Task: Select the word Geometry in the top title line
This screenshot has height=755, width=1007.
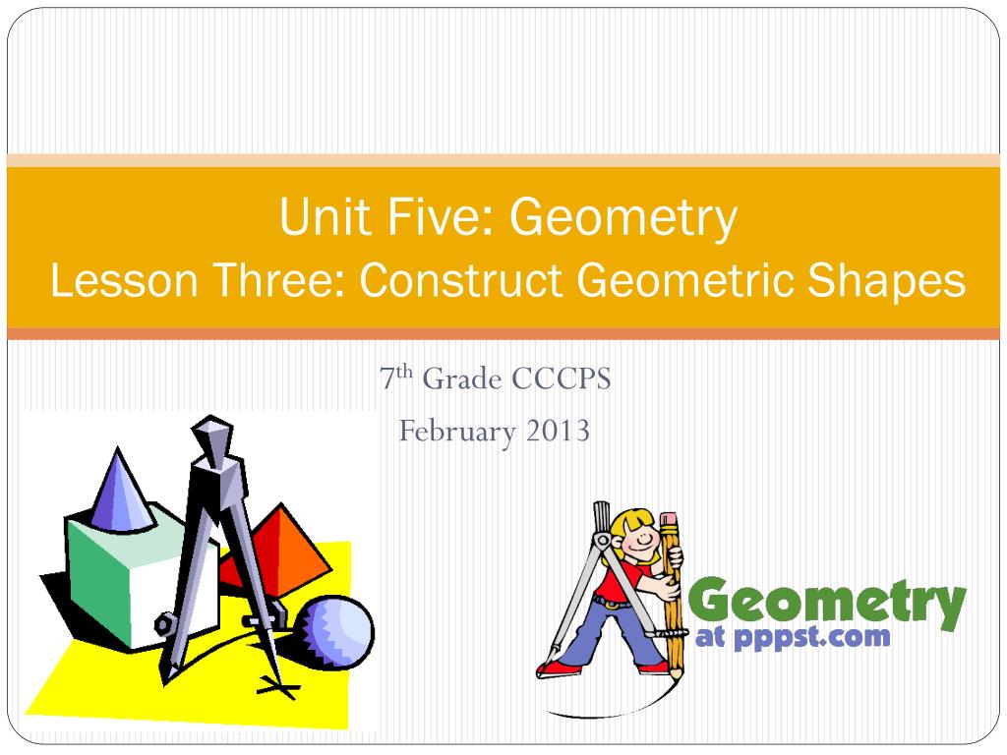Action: point(622,218)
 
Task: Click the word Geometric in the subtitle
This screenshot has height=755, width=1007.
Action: point(686,282)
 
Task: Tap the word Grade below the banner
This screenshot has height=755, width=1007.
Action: point(462,378)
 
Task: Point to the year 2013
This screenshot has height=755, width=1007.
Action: point(558,430)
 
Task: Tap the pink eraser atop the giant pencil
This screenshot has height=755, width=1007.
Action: point(670,520)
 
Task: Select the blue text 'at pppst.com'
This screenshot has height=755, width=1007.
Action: point(793,637)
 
